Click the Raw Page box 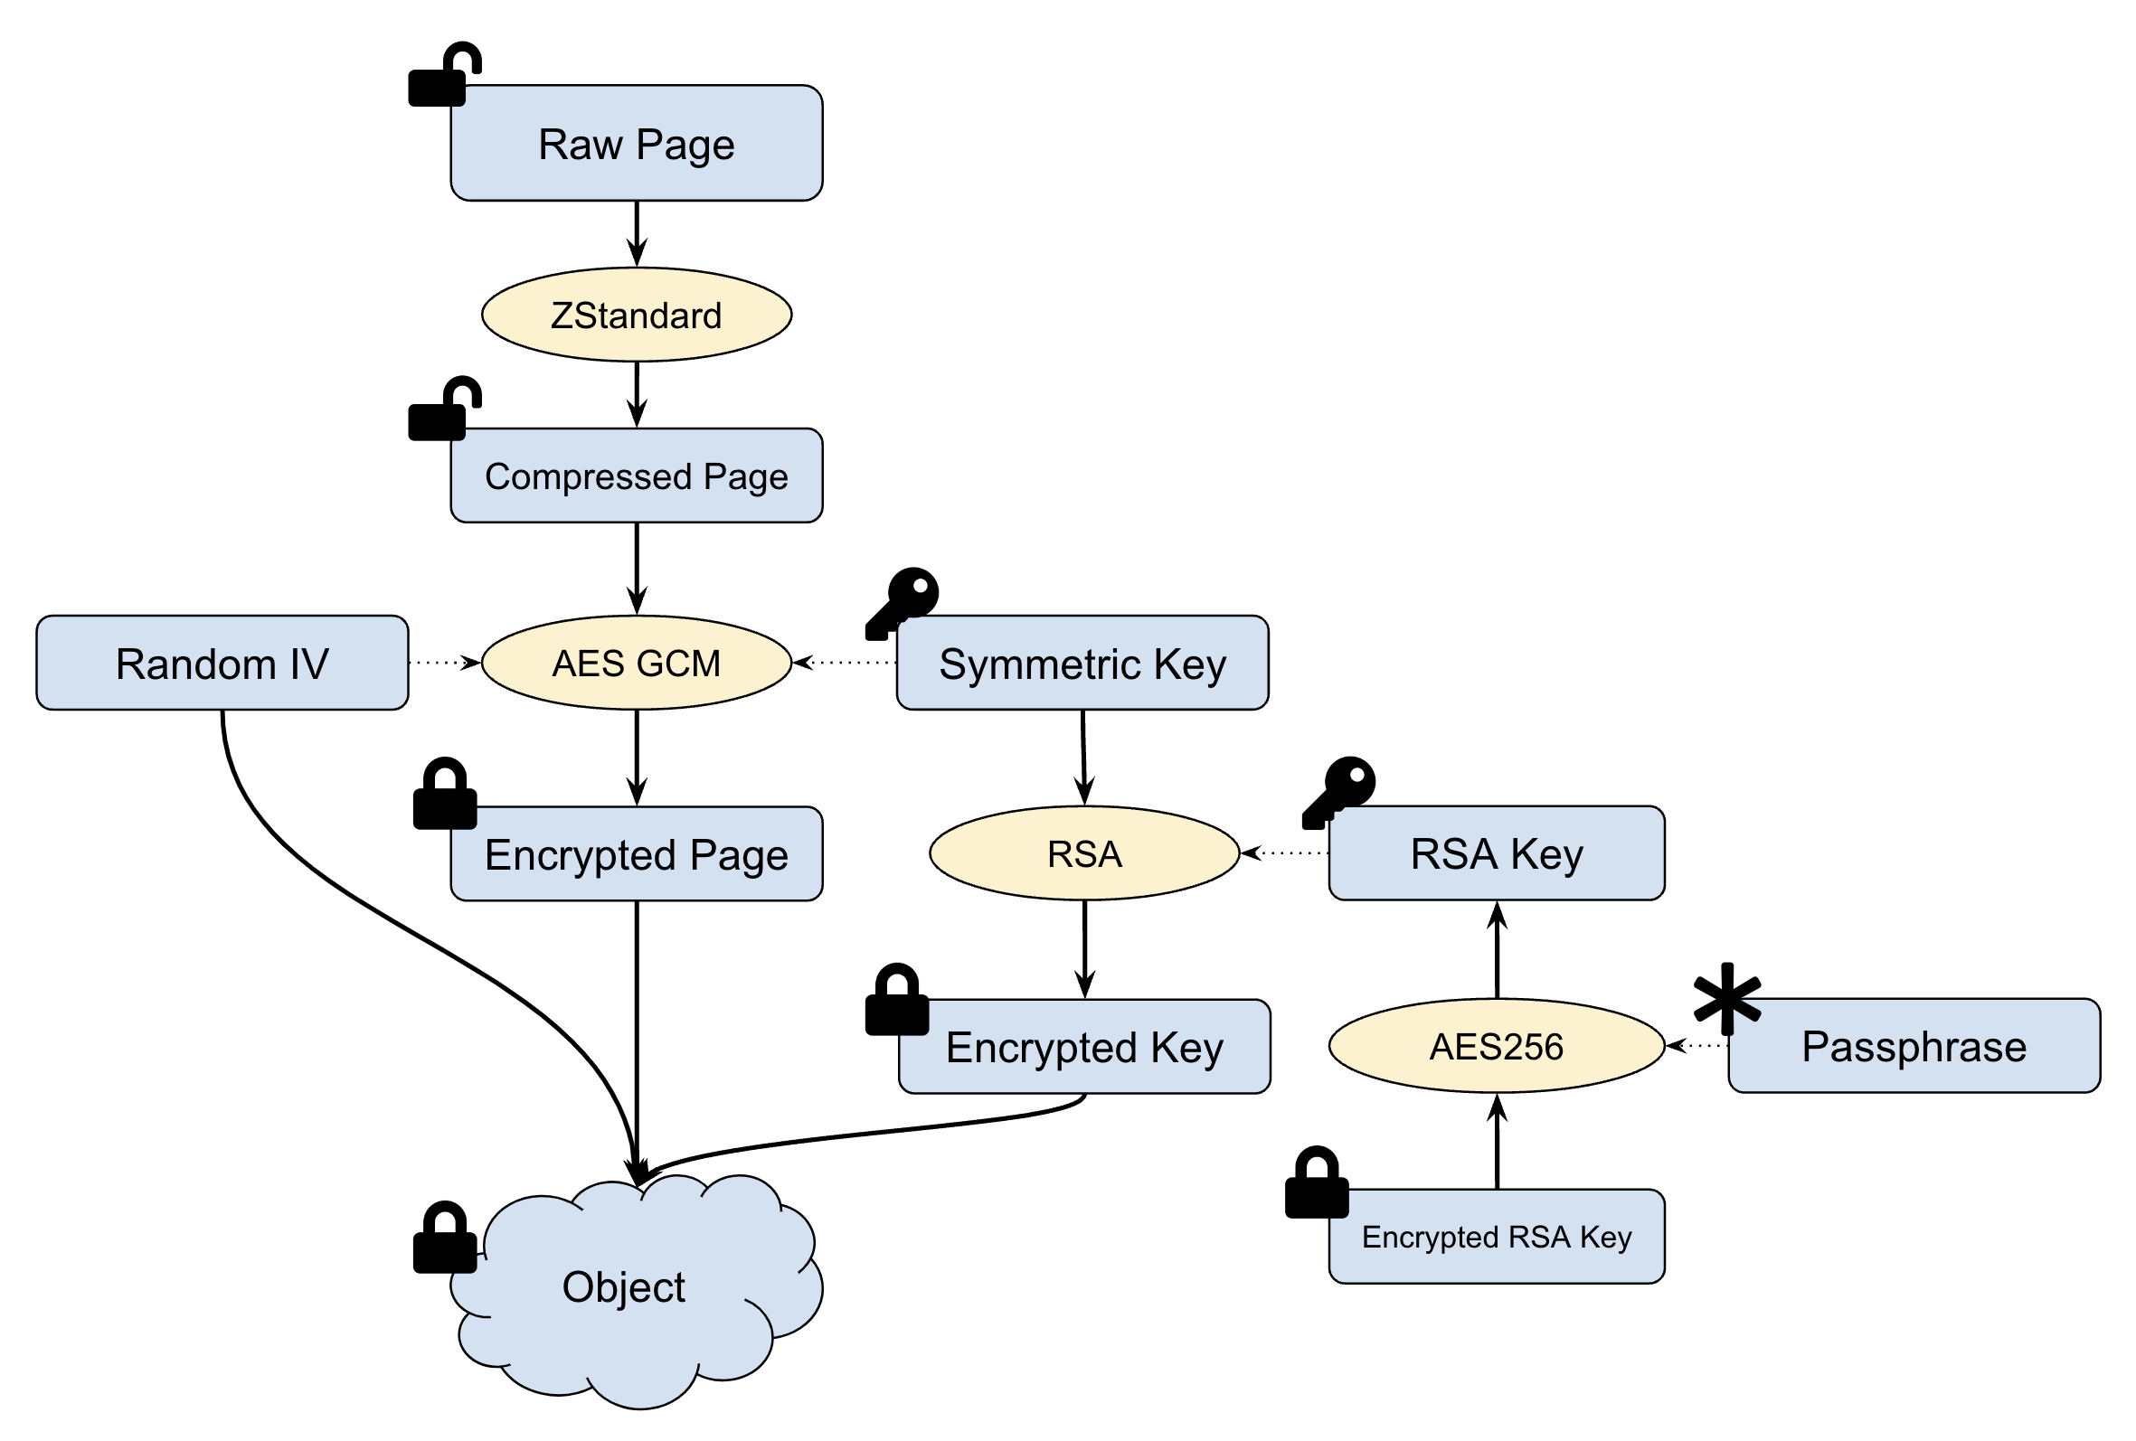pyautogui.click(x=636, y=144)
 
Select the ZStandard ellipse pyautogui.click(x=636, y=315)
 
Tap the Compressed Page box pyautogui.click(x=636, y=476)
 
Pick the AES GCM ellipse pyautogui.click(x=636, y=663)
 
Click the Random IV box pyautogui.click(x=222, y=663)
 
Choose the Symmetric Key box pyautogui.click(x=1082, y=663)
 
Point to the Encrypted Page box pyautogui.click(x=636, y=853)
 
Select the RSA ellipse pyautogui.click(x=1083, y=852)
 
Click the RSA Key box pyautogui.click(x=1497, y=852)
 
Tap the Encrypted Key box pyautogui.click(x=1083, y=1046)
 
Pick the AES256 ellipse pyautogui.click(x=1497, y=1045)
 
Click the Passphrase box pyautogui.click(x=1914, y=1045)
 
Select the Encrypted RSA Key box pyautogui.click(x=1497, y=1236)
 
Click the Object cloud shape pyautogui.click(x=625, y=1286)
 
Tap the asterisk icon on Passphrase pyautogui.click(x=1727, y=999)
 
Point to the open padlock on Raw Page pyautogui.click(x=442, y=77)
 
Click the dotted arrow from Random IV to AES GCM pyautogui.click(x=443, y=662)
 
